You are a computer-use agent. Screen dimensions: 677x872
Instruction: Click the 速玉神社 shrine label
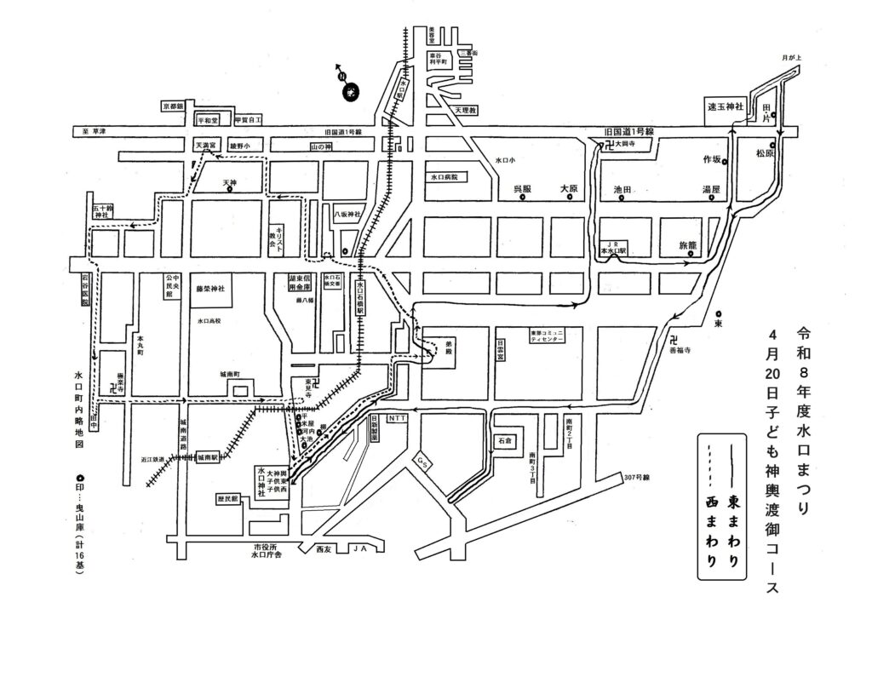coord(726,107)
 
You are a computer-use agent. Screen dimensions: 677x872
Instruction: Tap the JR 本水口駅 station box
coord(613,247)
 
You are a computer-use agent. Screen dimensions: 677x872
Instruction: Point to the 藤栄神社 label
coord(209,290)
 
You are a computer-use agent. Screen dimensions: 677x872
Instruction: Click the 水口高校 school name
coord(209,321)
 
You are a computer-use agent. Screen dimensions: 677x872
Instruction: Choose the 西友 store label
coord(323,548)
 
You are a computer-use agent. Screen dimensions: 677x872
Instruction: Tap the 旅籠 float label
coord(687,245)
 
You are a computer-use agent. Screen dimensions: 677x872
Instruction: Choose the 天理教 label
coord(467,112)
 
